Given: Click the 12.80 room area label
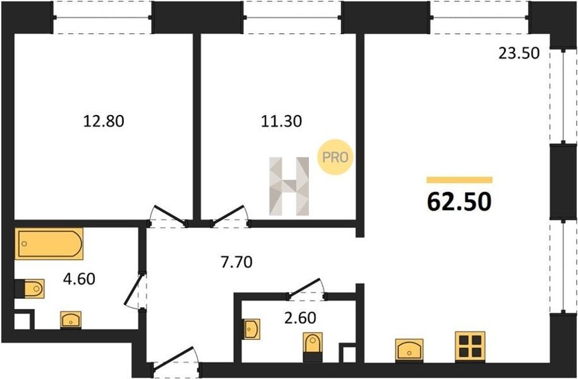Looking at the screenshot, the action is tap(103, 121).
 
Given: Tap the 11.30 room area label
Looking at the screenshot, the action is tap(281, 121).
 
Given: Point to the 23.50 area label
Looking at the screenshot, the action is tap(519, 53).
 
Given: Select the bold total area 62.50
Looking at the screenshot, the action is tap(459, 202).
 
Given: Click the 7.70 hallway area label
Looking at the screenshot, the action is tap(236, 262).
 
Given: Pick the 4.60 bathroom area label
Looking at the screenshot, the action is tap(79, 279).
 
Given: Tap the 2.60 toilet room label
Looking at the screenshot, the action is tap(300, 317).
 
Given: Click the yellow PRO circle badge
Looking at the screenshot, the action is tap(335, 157).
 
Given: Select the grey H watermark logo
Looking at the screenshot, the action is tap(289, 186).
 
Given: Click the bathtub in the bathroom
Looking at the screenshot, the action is tap(49, 243).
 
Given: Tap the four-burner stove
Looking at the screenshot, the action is tap(470, 346).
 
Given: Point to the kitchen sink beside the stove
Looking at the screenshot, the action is tap(409, 349).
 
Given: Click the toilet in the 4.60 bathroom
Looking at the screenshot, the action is tap(30, 288).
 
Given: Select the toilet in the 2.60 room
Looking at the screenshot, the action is tap(313, 346).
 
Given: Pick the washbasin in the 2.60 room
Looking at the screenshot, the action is tap(252, 329).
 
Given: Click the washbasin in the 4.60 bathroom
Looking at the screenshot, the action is tap(71, 320).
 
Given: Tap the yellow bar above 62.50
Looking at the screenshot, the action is tap(459, 180).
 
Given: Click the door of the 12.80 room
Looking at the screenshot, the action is tap(169, 215).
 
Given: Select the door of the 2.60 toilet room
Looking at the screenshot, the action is tap(306, 288).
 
